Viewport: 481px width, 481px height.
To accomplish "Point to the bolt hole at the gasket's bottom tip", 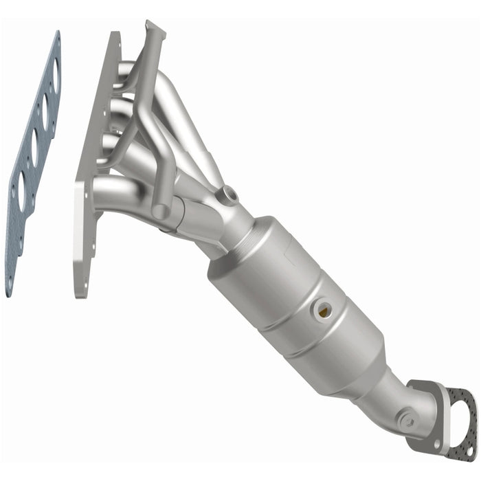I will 10,282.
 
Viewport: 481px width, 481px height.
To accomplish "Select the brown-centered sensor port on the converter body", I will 322,311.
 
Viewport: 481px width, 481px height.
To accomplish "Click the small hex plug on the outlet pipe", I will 407,420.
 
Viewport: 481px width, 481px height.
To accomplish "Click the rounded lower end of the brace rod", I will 160,212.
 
